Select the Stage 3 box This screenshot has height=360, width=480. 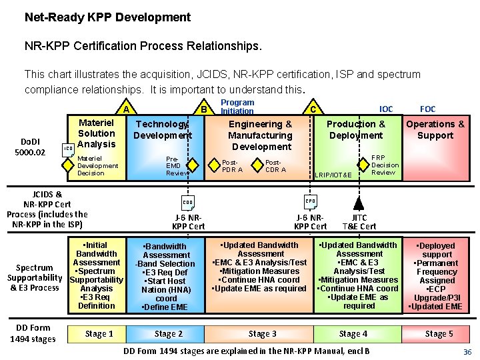(x=262, y=333)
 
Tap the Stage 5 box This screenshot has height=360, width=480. (x=439, y=333)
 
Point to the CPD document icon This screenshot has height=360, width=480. (x=311, y=201)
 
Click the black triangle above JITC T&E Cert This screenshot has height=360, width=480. (x=359, y=203)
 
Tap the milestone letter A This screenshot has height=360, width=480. (x=125, y=109)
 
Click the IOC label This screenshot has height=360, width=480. (x=386, y=108)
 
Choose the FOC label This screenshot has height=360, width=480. (x=427, y=108)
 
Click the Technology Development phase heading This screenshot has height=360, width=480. (x=162, y=129)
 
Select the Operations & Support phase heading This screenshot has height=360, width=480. (x=435, y=129)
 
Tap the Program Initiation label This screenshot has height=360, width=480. (x=237, y=107)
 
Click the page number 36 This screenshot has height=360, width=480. (x=467, y=351)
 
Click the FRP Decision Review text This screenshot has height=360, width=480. (x=385, y=165)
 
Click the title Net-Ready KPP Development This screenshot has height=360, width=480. (x=107, y=18)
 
